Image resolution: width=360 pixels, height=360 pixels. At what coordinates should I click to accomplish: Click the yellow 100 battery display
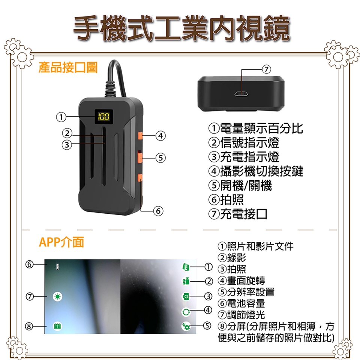(x=104, y=117)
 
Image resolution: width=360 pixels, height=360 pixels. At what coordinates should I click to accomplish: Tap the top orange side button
(x=140, y=136)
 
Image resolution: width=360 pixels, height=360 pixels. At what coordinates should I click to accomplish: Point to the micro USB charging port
(x=241, y=94)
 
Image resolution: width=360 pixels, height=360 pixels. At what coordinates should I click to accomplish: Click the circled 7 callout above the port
(x=266, y=69)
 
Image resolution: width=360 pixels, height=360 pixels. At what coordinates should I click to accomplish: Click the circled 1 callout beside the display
(x=61, y=117)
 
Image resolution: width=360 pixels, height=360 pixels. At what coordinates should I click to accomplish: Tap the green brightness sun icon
(x=57, y=297)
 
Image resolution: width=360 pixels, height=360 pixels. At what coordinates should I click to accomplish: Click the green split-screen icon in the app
(x=57, y=326)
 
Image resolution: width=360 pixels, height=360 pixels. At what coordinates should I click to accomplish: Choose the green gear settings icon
(x=186, y=326)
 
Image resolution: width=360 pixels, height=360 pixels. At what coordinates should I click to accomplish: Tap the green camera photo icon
(x=186, y=297)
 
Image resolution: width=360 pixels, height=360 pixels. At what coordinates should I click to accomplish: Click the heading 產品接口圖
(x=68, y=67)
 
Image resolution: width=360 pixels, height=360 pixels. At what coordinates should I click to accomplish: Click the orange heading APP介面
(x=61, y=242)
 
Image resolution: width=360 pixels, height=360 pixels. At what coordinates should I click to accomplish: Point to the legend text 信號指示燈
(x=250, y=142)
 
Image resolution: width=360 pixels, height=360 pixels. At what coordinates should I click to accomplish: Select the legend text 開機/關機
(x=246, y=185)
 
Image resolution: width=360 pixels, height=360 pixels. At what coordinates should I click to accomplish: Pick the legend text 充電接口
(x=244, y=214)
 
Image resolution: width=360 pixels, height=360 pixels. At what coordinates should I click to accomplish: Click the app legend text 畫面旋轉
(x=246, y=280)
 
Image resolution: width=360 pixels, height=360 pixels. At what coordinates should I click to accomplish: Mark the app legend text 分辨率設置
(x=251, y=292)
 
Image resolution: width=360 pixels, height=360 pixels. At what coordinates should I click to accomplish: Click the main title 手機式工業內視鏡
(x=181, y=28)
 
